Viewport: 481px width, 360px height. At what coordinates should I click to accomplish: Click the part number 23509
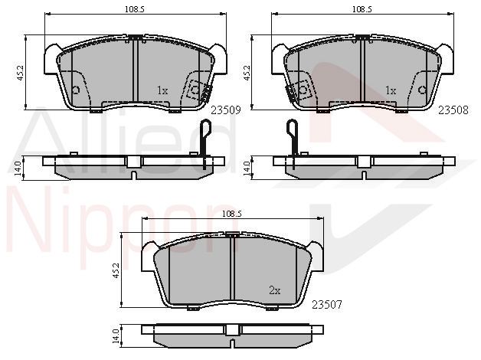(x=225, y=110)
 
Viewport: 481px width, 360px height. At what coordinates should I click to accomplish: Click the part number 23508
(x=453, y=110)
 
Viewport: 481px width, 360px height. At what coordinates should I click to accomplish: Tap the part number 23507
(x=327, y=305)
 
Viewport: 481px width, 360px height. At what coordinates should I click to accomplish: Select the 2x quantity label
(x=274, y=290)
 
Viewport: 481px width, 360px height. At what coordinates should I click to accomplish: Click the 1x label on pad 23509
(x=162, y=90)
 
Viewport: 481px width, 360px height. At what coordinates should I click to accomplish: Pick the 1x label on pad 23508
(x=391, y=90)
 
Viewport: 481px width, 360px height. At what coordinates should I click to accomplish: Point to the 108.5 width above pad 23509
(x=134, y=9)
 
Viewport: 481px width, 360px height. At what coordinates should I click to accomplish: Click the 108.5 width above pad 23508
(x=362, y=9)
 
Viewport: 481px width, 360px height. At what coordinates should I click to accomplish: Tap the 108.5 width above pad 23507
(x=232, y=214)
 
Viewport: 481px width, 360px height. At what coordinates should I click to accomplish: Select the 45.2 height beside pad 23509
(x=20, y=73)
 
